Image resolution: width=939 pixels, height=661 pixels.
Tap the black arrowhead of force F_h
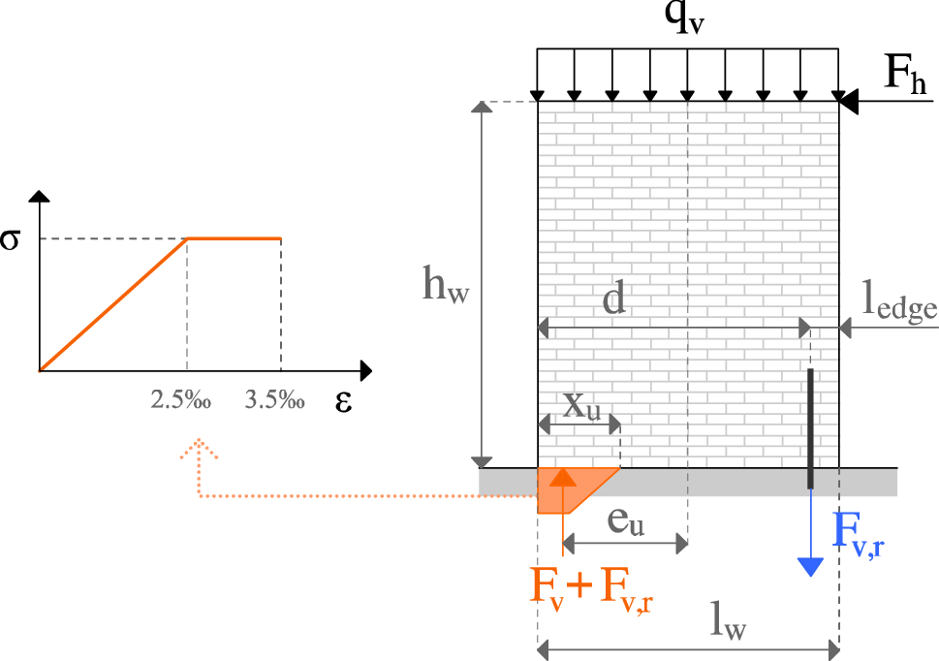848,101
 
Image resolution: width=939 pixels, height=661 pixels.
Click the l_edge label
900,306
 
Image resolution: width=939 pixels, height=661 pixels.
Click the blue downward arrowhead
810,567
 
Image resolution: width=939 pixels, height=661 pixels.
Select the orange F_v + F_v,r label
591,588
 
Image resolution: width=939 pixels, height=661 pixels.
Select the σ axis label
11,238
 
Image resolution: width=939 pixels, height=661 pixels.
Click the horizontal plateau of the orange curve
234,238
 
